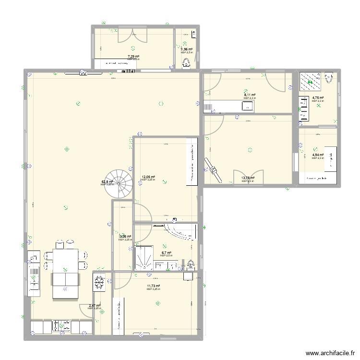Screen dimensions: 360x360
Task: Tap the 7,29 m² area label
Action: [x=133, y=56]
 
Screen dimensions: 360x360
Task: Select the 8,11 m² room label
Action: [x=250, y=95]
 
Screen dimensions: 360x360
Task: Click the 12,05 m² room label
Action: [x=148, y=177]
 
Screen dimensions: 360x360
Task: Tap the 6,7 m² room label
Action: [x=166, y=253]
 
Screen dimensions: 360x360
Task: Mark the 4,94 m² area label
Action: [x=318, y=155]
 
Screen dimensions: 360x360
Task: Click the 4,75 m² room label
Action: [x=318, y=98]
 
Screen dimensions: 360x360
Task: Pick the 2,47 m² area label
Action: [x=95, y=306]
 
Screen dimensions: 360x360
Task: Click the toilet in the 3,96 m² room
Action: [x=186, y=62]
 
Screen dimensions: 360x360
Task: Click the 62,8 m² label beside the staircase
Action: [x=107, y=182]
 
